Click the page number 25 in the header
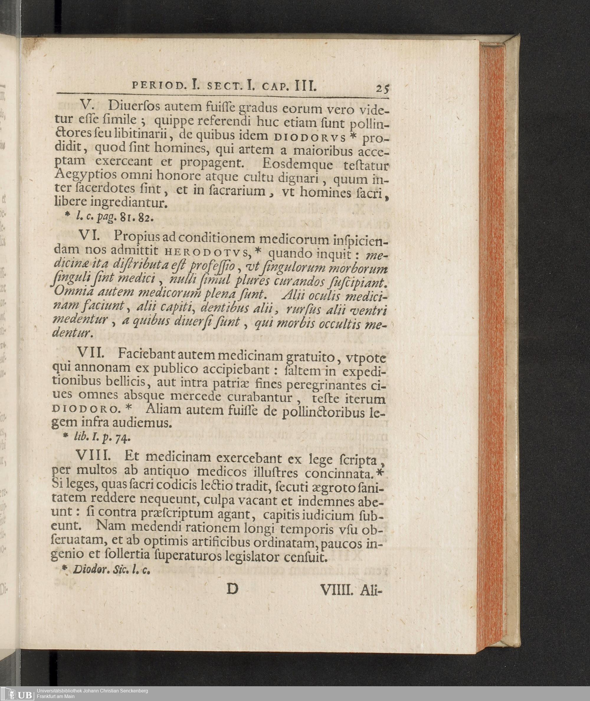pyautogui.click(x=382, y=89)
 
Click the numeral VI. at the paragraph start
pyautogui.click(x=89, y=236)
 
